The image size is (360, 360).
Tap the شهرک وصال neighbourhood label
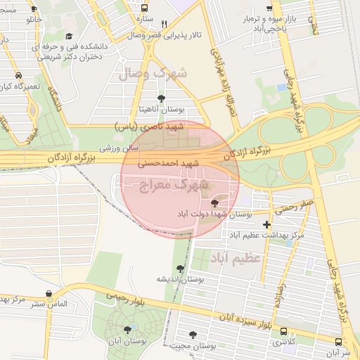click(x=155, y=73)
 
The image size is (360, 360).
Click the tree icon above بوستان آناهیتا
click(x=161, y=98)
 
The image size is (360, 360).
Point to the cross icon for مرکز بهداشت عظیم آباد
click(x=266, y=224)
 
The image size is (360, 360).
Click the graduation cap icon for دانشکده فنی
click(x=68, y=36)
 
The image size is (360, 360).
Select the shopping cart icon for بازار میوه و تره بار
click(x=268, y=8)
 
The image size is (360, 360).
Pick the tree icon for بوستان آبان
click(x=127, y=328)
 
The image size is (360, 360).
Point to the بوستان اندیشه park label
click(x=180, y=279)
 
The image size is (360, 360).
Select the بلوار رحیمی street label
click(x=127, y=298)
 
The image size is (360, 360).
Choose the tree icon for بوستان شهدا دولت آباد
click(x=214, y=202)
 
